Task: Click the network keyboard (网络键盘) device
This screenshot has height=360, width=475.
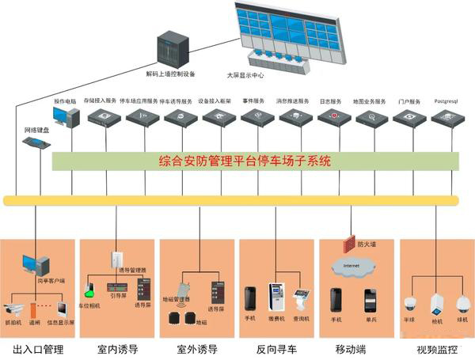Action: pos(36,143)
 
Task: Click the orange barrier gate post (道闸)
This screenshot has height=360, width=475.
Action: pos(33,309)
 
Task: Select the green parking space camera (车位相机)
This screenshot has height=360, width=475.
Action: pos(91,288)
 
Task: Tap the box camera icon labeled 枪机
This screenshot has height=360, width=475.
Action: pos(436,305)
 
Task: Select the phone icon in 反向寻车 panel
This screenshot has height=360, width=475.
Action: pos(250,298)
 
